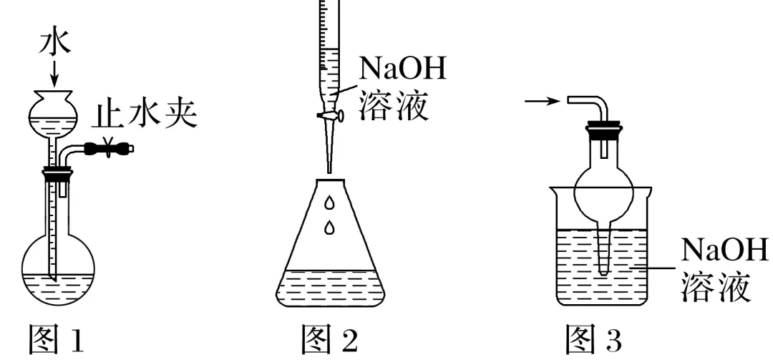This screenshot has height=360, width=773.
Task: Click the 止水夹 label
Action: (147, 115)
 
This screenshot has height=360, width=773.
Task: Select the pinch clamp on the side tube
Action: (110, 149)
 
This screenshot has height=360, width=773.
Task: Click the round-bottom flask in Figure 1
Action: (57, 265)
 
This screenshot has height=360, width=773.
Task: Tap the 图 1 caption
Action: (55, 337)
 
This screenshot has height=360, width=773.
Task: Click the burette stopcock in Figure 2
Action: (329, 115)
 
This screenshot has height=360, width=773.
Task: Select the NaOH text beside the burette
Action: (402, 70)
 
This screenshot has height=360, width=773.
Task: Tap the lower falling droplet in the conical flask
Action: (329, 228)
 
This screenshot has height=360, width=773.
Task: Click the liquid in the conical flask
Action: (329, 286)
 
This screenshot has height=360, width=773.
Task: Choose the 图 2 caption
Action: (329, 337)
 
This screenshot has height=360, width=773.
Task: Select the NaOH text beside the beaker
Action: (724, 251)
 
